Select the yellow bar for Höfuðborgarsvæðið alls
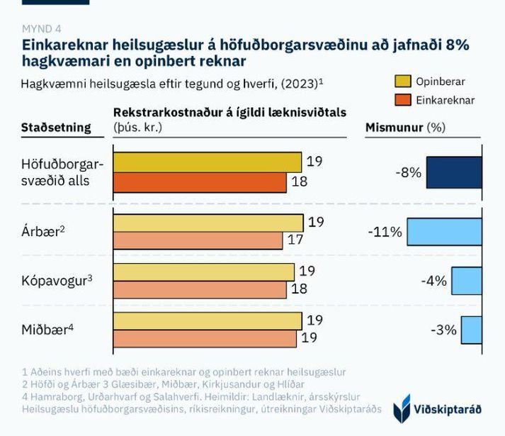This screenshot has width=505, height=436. (208, 162)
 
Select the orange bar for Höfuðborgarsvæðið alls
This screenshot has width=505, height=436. (200, 182)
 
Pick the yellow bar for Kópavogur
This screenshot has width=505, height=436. (204, 272)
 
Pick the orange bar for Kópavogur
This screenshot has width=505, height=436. (200, 289)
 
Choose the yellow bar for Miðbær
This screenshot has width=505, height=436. (208, 321)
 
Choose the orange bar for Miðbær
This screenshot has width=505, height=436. (205, 338)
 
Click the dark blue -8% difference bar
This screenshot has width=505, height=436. (454, 172)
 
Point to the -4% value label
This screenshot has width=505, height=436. (433, 281)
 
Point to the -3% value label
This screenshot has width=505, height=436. (443, 330)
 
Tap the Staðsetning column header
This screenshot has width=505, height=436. (57, 128)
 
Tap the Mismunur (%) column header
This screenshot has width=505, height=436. (404, 128)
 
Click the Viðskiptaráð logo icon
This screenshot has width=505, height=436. (402, 408)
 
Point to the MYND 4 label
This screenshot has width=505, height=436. (42, 28)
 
